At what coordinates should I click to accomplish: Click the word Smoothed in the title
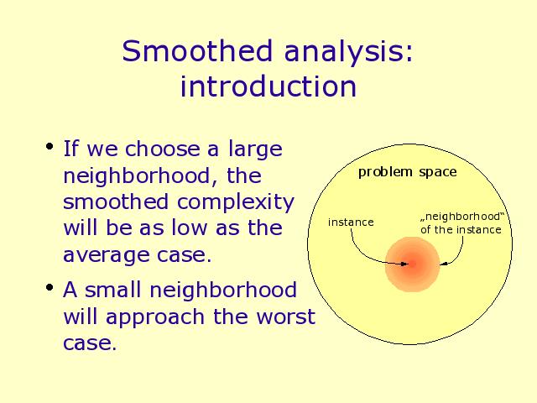tap(197, 50)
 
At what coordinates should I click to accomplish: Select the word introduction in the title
tap(268, 86)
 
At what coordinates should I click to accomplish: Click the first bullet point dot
tap(50, 147)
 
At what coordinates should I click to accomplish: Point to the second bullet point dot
tap(50, 287)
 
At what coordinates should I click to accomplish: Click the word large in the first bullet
tap(255, 149)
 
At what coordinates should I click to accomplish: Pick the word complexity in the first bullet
tap(236, 202)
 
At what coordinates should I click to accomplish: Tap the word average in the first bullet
tap(107, 255)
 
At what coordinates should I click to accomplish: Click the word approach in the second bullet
tap(155, 318)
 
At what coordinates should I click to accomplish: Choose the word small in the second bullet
tap(112, 290)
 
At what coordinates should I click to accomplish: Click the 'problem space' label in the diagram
tap(407, 172)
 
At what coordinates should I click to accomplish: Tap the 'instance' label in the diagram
tap(351, 222)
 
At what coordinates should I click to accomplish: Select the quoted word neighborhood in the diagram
tap(462, 217)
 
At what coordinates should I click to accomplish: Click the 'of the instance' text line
tap(461, 229)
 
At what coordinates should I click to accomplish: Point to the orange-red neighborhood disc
tap(412, 264)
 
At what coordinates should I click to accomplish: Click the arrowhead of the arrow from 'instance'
tap(404, 264)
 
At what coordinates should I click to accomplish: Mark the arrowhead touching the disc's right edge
tap(444, 264)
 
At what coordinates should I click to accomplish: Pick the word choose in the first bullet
tap(163, 149)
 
